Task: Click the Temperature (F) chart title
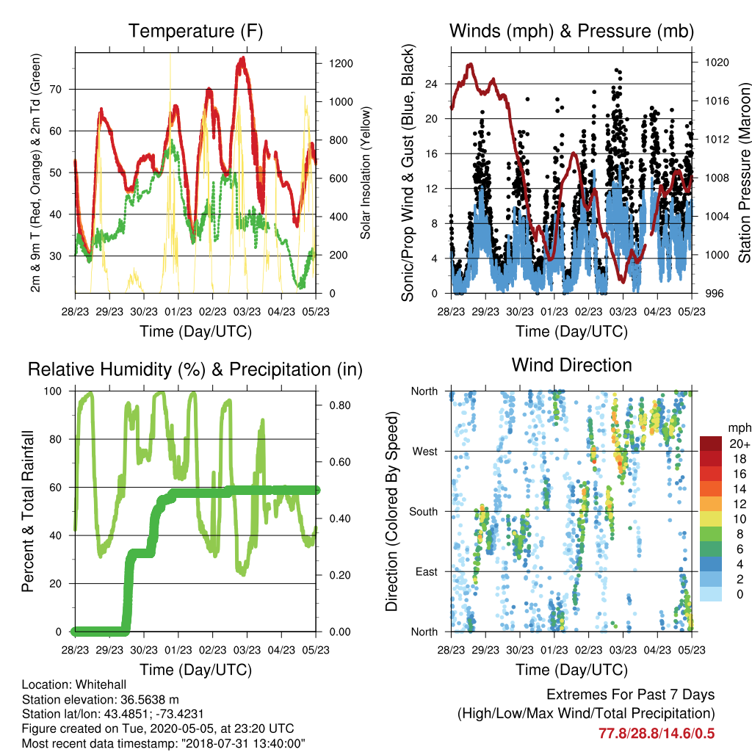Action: [195, 31]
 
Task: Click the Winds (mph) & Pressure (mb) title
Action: [571, 31]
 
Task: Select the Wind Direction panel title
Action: [571, 365]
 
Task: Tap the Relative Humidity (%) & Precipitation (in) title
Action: [195, 370]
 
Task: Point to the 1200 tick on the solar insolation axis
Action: [341, 63]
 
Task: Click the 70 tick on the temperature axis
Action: [56, 89]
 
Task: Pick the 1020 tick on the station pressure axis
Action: [717, 62]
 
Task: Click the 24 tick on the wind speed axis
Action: [432, 84]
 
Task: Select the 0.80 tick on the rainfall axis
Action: [340, 405]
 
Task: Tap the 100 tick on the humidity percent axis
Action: [53, 391]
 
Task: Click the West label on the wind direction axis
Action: [425, 452]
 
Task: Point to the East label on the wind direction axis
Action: [427, 571]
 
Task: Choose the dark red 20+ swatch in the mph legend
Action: [711, 444]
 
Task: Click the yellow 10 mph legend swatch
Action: [711, 519]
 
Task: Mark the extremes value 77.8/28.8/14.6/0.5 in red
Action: [657, 734]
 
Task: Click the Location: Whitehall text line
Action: [74, 684]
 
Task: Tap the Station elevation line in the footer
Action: [100, 699]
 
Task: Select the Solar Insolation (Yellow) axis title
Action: [366, 173]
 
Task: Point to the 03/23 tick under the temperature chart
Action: [247, 311]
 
